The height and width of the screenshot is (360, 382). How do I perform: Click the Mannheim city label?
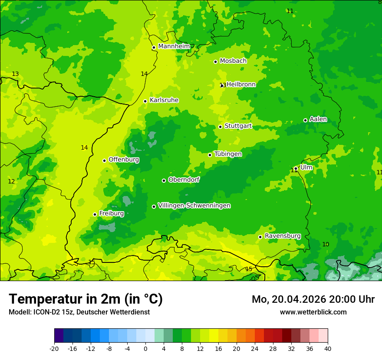(x=174, y=46)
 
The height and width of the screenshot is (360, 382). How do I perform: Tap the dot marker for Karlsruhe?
(x=145, y=101)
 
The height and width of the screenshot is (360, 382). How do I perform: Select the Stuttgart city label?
(x=238, y=126)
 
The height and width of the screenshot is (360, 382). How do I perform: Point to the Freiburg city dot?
(x=95, y=214)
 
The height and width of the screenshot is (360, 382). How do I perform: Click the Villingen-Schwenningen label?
(x=194, y=206)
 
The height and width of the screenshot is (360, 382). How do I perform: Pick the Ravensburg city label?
(x=282, y=236)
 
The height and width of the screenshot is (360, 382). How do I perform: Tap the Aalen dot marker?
(x=305, y=120)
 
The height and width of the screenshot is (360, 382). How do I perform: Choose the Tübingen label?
(x=228, y=154)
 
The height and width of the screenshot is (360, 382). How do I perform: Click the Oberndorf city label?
(x=184, y=180)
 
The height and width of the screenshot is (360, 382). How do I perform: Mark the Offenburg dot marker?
(x=104, y=160)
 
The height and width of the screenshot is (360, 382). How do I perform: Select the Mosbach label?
(x=233, y=61)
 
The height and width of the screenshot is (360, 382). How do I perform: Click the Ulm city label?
(x=306, y=167)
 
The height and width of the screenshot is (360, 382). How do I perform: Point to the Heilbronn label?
(x=241, y=85)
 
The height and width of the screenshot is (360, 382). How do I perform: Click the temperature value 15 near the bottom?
(x=249, y=269)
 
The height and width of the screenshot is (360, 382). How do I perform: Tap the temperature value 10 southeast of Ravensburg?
(x=326, y=245)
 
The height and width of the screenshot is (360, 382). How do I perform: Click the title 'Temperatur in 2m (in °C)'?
(x=86, y=299)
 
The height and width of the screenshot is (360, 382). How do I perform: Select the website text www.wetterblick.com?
(x=313, y=312)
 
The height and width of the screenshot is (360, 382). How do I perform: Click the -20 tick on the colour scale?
(x=54, y=348)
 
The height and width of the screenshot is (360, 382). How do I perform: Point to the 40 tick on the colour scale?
(x=327, y=348)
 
